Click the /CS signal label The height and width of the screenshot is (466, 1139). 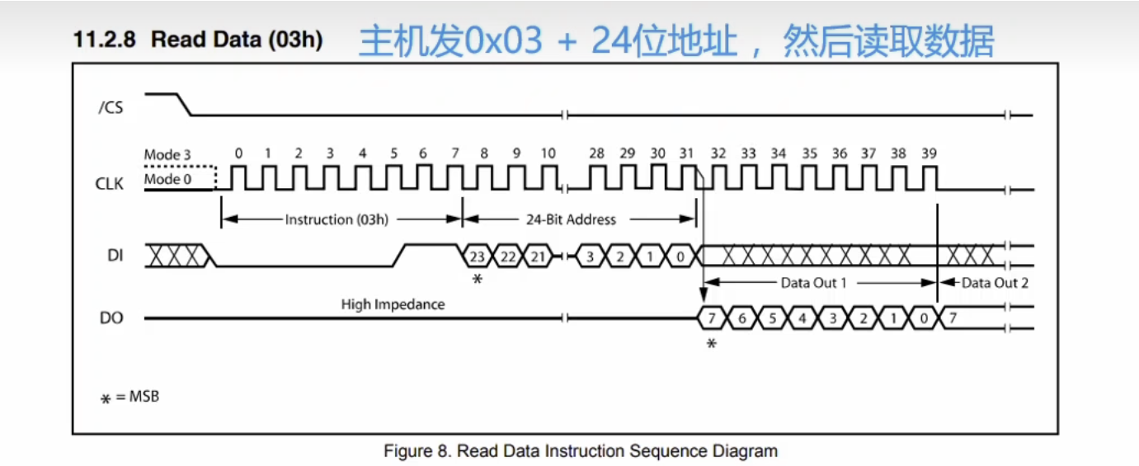(111, 107)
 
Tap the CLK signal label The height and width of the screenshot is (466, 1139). (109, 183)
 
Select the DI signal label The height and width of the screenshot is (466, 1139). (115, 256)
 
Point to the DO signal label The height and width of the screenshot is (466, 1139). (111, 318)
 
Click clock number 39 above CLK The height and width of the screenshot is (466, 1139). (930, 153)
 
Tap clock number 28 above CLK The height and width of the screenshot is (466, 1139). (596, 153)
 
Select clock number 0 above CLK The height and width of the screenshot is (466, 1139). (238, 153)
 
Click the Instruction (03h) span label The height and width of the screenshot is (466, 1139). (337, 219)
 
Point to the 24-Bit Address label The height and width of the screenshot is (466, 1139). (571, 219)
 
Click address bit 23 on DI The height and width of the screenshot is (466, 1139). (477, 257)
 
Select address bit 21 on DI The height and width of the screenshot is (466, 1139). (537, 257)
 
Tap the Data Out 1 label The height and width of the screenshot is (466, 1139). (814, 283)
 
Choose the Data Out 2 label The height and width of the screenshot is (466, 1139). (995, 283)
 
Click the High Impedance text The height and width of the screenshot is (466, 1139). (393, 305)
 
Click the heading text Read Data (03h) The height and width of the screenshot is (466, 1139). (237, 40)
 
